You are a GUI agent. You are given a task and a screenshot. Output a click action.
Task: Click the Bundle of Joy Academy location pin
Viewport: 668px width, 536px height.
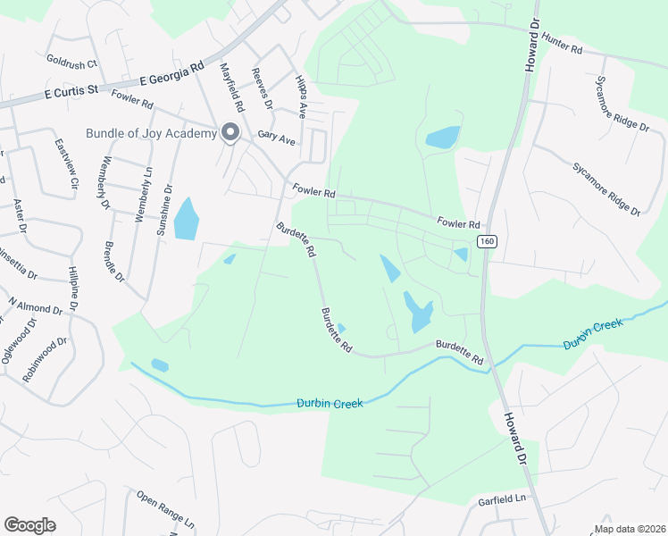coord(230,133)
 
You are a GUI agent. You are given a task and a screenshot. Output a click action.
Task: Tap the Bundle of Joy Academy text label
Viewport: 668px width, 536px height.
coord(151,134)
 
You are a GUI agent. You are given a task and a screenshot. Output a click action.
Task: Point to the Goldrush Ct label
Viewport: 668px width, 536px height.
coord(71,63)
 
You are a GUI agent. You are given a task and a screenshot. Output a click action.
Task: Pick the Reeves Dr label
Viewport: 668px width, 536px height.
coord(262,88)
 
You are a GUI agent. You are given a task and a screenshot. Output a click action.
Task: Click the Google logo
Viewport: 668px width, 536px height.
coord(29,525)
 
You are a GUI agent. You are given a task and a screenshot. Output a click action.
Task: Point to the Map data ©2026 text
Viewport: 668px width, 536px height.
coord(629,529)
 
